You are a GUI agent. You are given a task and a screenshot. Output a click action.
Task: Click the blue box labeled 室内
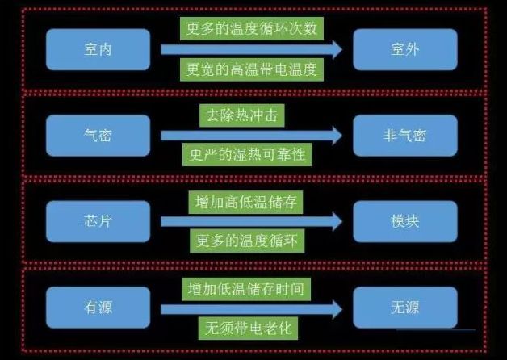tap(98, 49)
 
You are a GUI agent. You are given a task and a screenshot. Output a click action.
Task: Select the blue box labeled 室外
tap(405, 49)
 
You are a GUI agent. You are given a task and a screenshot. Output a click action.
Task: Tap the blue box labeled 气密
tap(98, 135)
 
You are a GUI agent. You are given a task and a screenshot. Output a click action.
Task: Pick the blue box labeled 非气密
tap(405, 135)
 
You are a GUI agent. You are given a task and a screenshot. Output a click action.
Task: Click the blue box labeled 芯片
tap(98, 221)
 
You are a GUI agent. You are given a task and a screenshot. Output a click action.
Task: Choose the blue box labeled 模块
tap(405, 221)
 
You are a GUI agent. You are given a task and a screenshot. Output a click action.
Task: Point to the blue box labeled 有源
tap(98, 308)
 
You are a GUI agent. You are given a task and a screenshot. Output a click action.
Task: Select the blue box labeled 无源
tap(405, 308)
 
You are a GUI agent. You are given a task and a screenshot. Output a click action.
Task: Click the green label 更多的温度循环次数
tap(251, 29)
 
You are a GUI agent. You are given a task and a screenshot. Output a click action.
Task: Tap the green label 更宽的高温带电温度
tap(251, 69)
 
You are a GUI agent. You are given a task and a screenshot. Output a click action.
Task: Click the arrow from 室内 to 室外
tap(251, 49)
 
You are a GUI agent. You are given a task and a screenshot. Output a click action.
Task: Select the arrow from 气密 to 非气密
tap(251, 135)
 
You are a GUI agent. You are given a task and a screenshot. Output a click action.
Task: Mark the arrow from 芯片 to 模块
tap(251, 221)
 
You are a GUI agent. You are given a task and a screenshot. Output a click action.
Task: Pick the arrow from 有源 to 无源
tap(251, 308)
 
